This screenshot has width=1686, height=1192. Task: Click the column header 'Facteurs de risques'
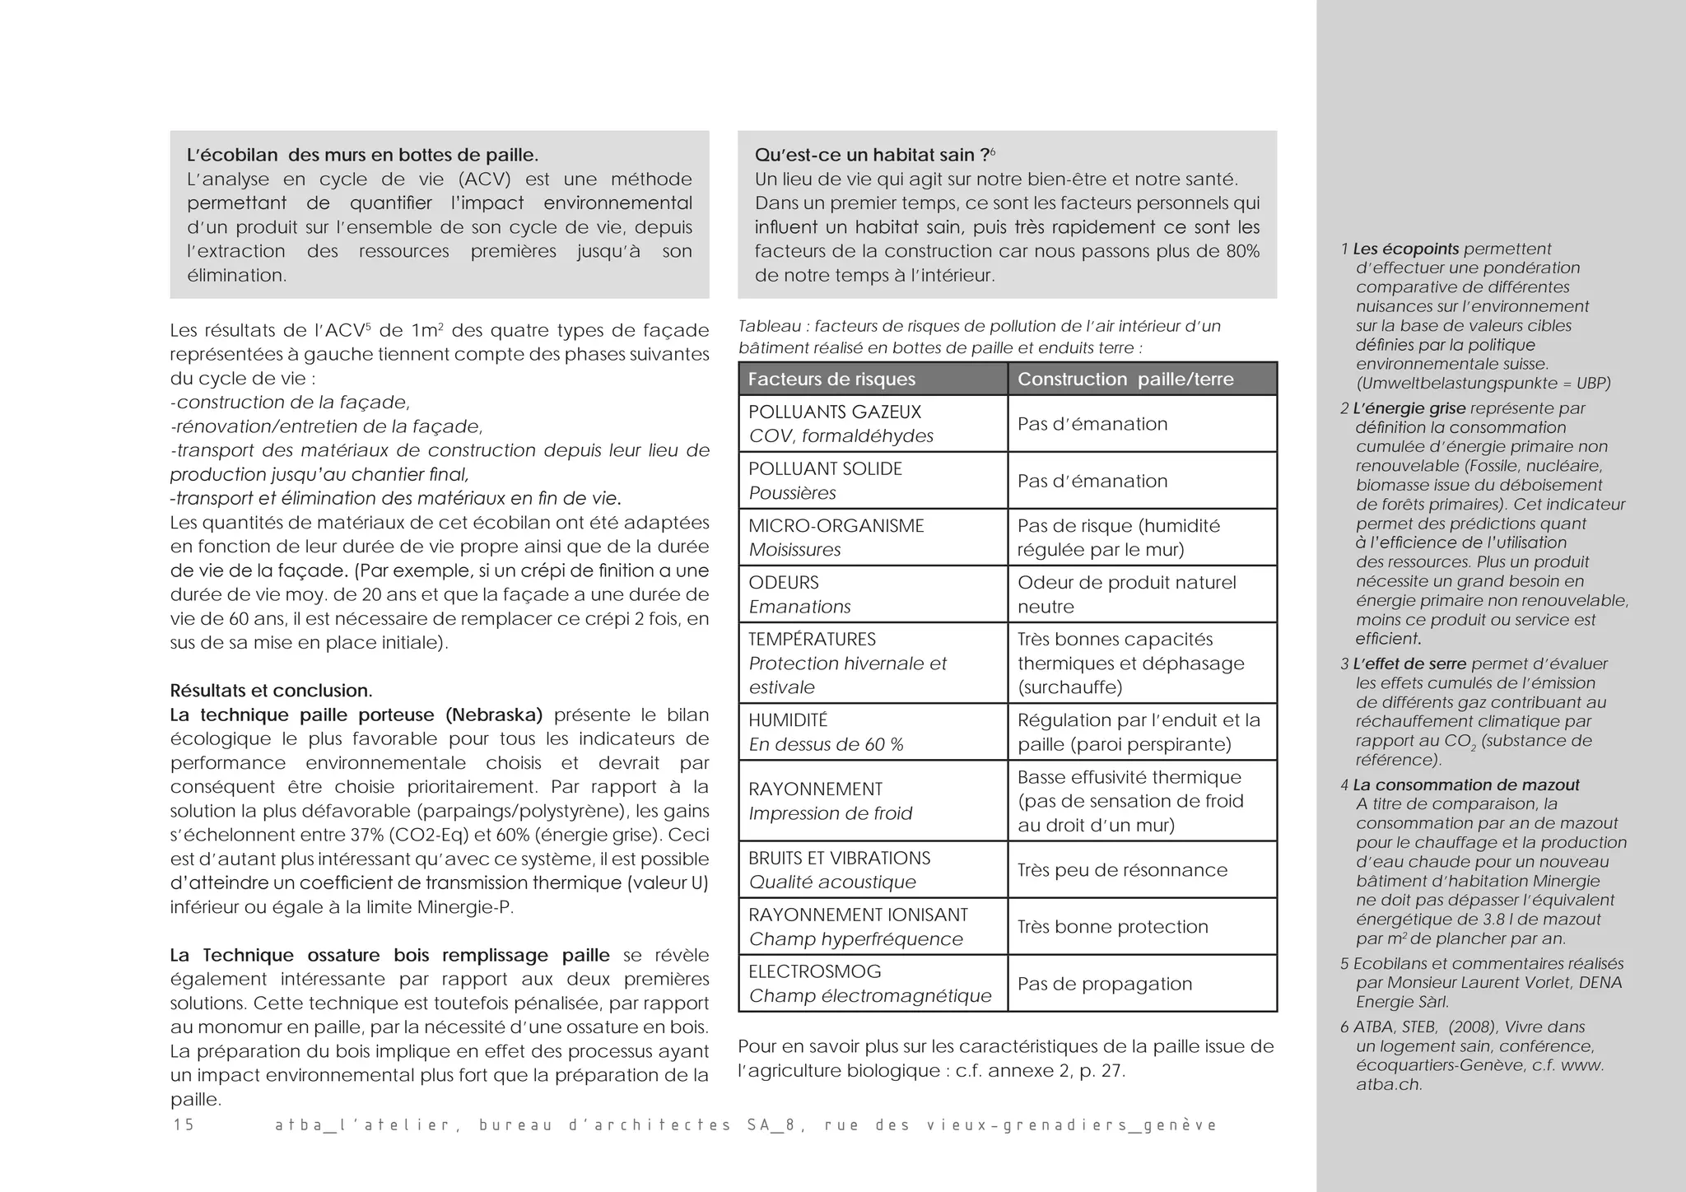pos(831,379)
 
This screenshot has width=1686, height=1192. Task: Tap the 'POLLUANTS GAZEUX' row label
pos(834,412)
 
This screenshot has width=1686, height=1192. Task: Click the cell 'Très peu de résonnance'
pos(1122,870)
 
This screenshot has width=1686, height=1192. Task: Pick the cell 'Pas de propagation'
pos(1104,984)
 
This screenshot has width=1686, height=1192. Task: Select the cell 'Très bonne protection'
pos(1112,927)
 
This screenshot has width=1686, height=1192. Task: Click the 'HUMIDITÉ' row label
pos(787,720)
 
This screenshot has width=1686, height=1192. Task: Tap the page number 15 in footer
pos(184,1125)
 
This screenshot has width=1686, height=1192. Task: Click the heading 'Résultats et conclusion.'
pos(271,691)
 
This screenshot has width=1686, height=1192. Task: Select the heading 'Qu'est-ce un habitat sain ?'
pos(872,155)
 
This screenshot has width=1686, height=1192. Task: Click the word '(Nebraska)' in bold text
pos(493,715)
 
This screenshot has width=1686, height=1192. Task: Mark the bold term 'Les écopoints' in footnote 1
pos(1405,249)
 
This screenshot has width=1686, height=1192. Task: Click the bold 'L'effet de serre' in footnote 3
pos(1410,664)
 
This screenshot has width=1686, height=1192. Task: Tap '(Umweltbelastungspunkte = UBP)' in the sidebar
pos(1483,384)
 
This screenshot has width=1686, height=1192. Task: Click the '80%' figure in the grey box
pos(1242,251)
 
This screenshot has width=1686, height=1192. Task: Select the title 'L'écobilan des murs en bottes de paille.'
pos(362,155)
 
